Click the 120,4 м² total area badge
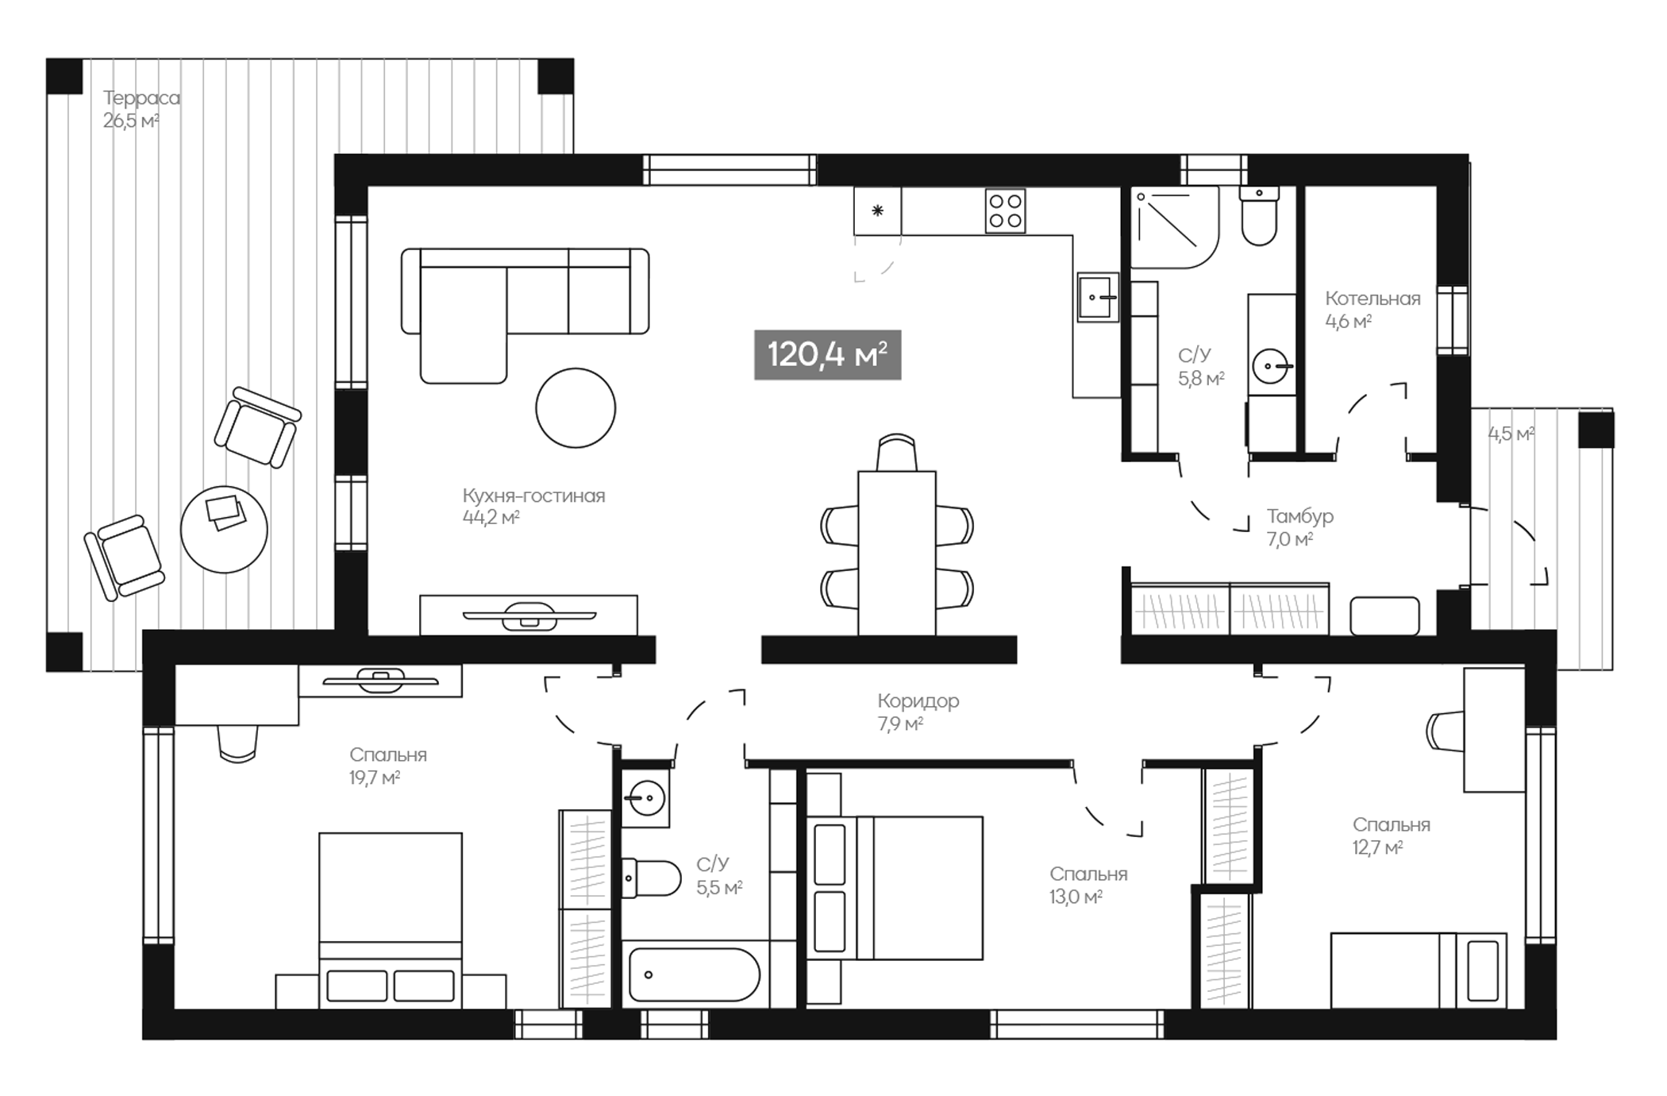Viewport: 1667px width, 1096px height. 827,354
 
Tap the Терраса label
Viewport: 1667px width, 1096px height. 141,98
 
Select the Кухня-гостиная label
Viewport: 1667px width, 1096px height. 533,496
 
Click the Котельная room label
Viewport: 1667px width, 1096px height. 1372,299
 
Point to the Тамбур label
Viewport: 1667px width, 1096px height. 1299,516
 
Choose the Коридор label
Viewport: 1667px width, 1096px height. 918,701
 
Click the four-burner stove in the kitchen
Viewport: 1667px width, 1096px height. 1005,210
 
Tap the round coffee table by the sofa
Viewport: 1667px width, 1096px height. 576,407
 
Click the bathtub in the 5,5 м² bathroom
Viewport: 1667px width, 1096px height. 694,974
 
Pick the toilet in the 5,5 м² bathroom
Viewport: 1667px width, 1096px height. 651,878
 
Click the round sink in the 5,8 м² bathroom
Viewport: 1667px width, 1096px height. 1271,366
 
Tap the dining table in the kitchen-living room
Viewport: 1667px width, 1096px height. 896,552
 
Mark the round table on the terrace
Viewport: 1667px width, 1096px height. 224,530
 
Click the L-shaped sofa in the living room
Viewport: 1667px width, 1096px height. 524,302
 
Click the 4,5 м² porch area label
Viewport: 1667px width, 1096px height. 1510,434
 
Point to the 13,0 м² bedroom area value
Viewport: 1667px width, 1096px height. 1075,897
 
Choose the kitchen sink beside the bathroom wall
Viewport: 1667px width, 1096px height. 1097,297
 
